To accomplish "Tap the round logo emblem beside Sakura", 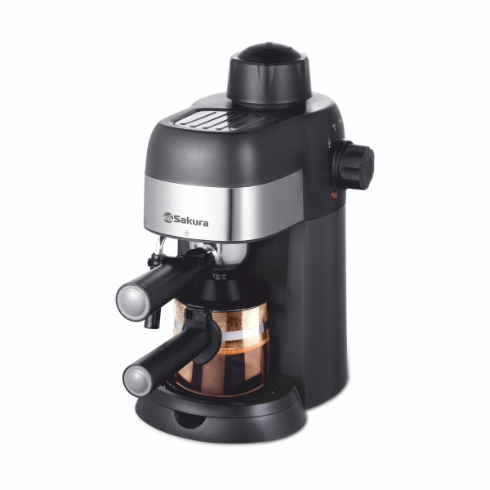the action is [168, 217].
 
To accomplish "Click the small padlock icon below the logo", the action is [187, 233].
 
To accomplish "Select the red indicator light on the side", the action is [334, 195].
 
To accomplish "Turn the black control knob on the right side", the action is [354, 165].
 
